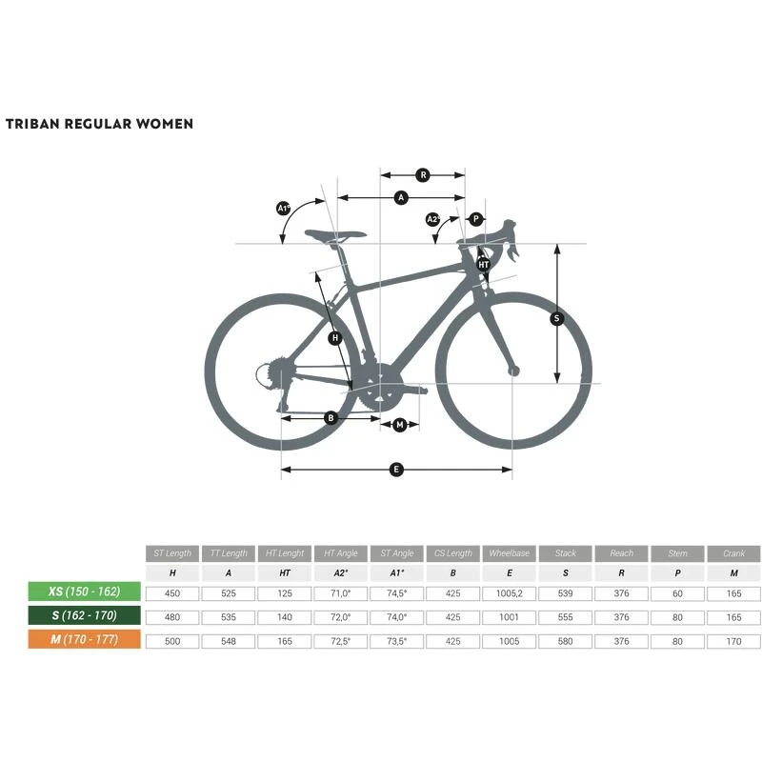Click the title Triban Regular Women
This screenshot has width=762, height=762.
point(99,124)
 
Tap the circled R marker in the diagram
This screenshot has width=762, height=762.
point(423,174)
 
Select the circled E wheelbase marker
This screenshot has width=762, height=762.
point(396,469)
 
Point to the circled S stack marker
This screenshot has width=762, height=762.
point(557,319)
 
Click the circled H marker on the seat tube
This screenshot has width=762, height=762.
point(334,338)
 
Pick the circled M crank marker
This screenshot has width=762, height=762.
point(400,425)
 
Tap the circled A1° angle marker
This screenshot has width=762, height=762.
point(283,208)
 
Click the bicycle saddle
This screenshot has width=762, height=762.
point(335,234)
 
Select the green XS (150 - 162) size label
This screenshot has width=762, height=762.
point(85,592)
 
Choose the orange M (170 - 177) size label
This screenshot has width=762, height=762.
point(85,640)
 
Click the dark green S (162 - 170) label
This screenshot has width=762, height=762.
point(85,616)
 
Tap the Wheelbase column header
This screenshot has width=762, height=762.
point(510,553)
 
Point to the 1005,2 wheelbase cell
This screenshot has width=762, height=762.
point(510,592)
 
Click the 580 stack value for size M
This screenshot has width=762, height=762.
point(566,641)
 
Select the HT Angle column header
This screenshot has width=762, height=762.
point(341,553)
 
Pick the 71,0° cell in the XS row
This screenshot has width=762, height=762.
point(341,592)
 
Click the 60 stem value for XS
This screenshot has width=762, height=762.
point(677,592)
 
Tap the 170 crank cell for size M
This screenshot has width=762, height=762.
point(733,641)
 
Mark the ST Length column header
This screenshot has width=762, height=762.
point(172,553)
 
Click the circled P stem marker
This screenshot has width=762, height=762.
point(476,219)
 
